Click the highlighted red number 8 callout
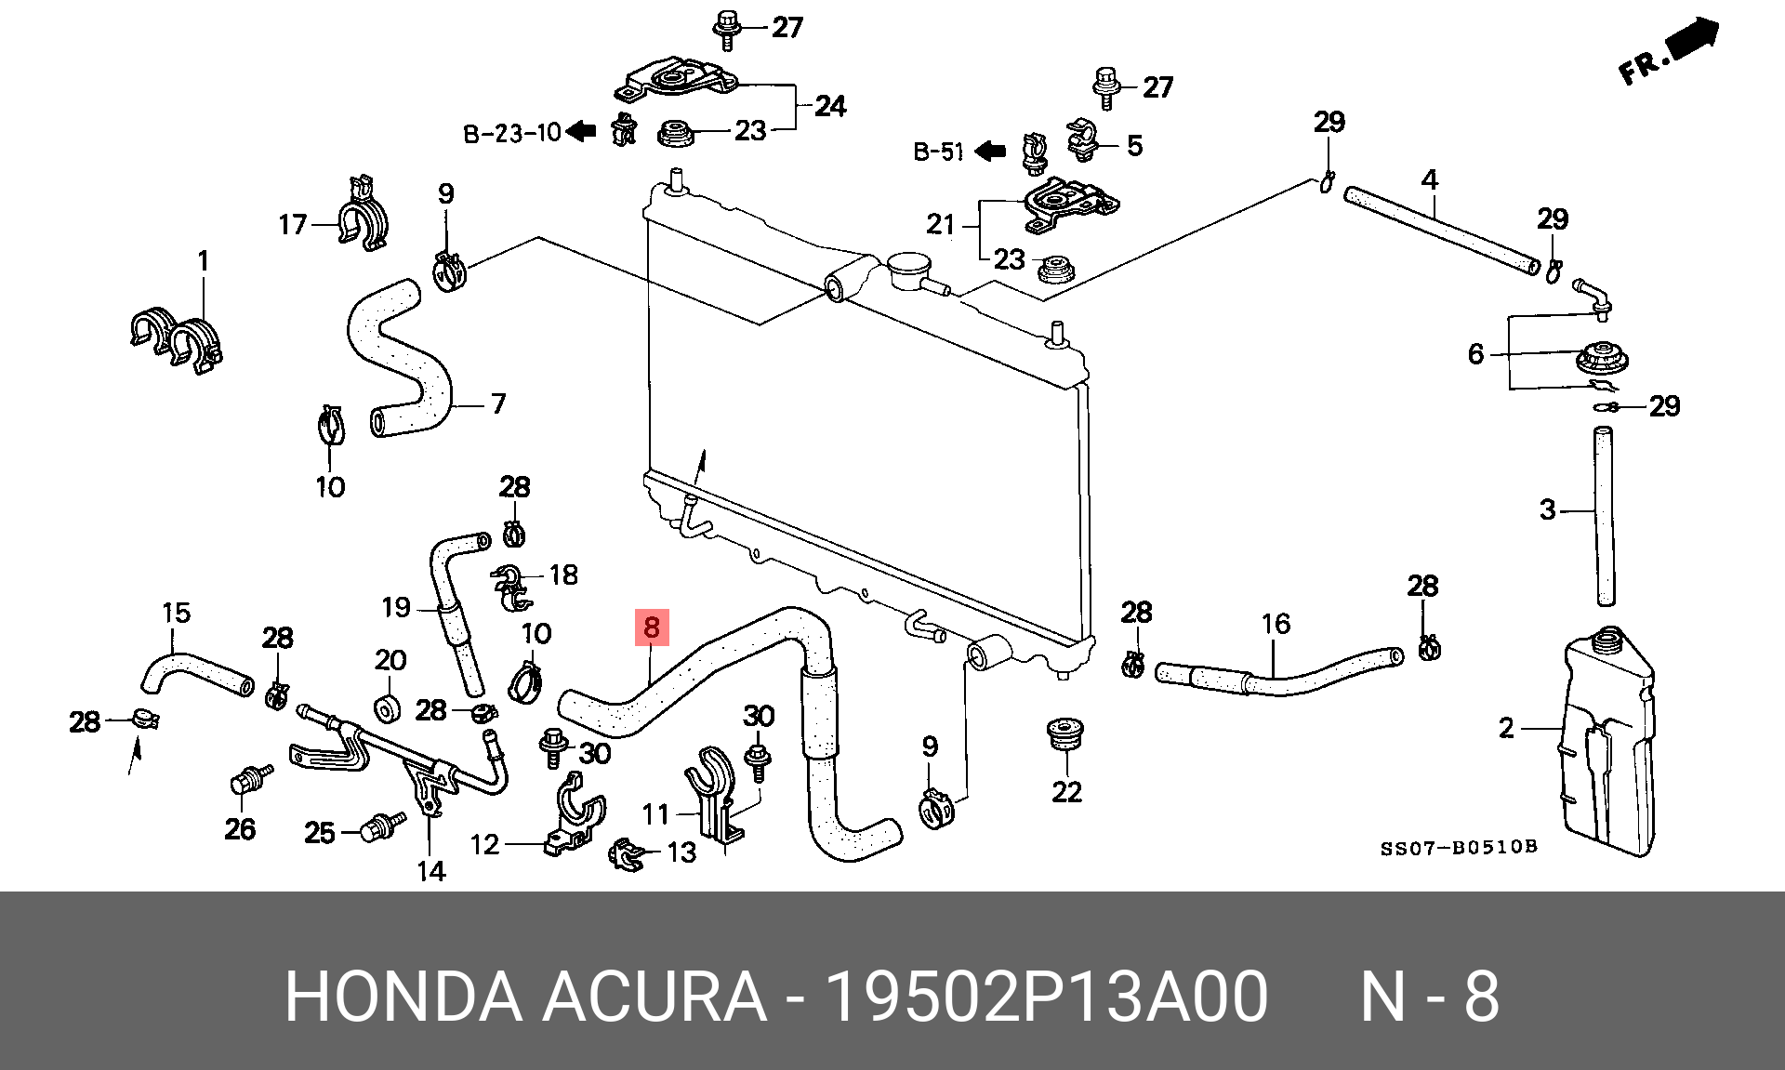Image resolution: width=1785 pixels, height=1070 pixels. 652,627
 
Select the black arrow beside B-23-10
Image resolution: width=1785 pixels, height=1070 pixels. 581,131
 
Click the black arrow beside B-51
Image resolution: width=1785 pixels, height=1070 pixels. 991,151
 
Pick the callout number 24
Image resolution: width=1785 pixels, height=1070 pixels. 830,106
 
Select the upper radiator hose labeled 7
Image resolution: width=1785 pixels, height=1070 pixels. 400,358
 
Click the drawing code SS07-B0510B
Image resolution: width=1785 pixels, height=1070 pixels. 1458,848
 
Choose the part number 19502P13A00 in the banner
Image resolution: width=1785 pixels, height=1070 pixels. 1047,997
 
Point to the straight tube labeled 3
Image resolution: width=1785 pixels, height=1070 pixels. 1605,517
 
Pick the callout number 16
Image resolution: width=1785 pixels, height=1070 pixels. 1276,624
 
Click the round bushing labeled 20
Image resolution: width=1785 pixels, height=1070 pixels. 386,709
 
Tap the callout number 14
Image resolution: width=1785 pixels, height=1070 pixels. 430,871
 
